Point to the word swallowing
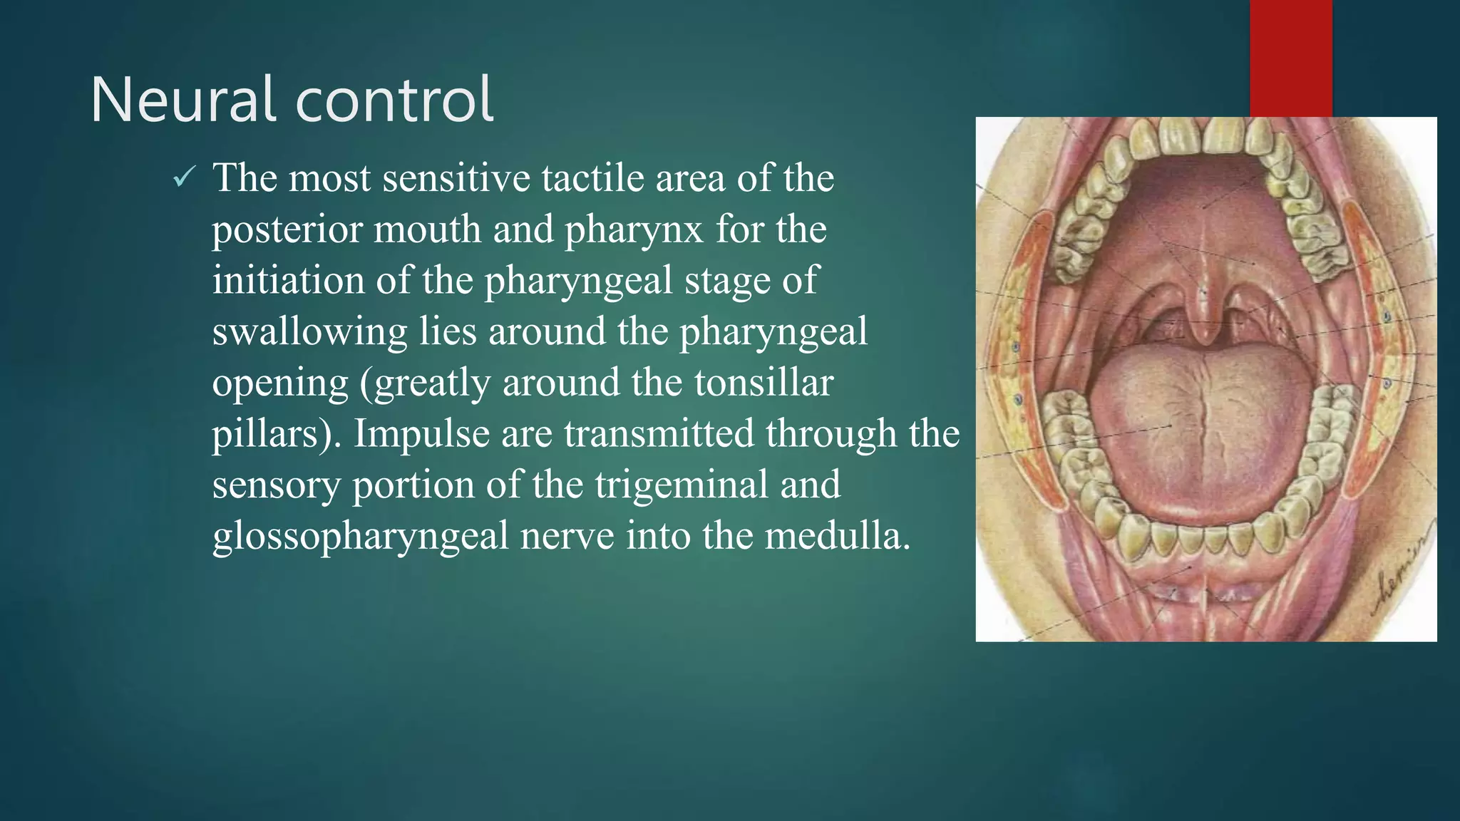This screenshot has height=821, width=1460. point(309,331)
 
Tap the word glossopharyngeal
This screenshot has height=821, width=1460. point(360,536)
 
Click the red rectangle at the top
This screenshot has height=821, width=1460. point(1290,57)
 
